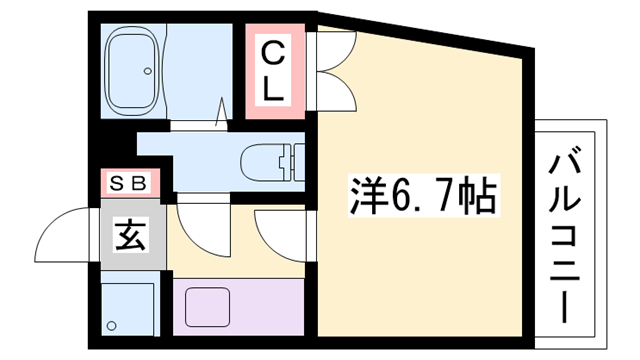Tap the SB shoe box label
[128, 183]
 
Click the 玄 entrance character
[130, 240]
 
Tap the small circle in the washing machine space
[113, 325]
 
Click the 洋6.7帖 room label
[421, 195]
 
